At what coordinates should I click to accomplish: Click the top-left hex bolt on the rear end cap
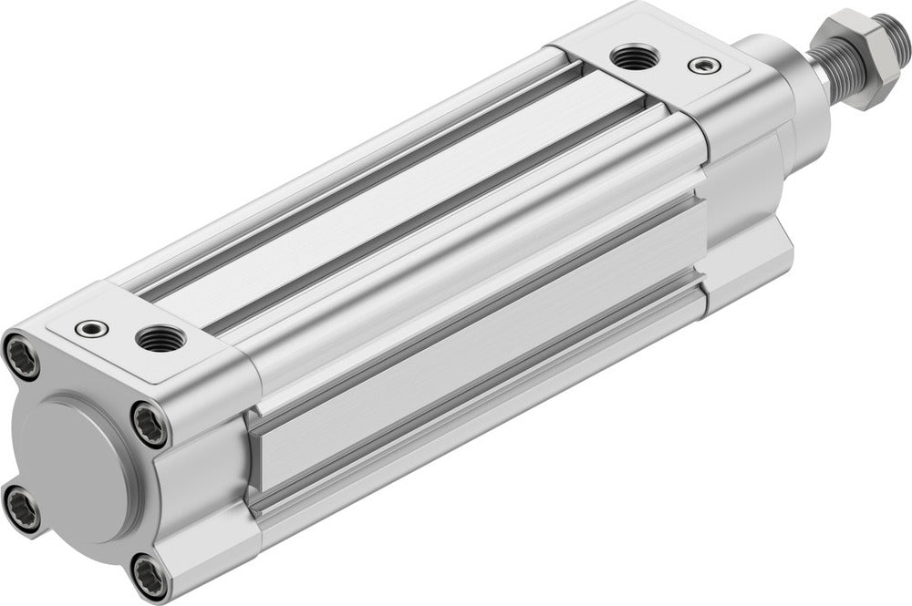(x=22, y=355)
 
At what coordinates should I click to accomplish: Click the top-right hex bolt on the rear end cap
(x=150, y=424)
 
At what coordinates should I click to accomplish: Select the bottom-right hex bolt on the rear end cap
(x=149, y=576)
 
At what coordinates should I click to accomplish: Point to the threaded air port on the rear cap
(x=161, y=338)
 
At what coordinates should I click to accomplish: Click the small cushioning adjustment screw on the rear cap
(x=91, y=327)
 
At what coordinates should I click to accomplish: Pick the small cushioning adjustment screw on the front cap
(x=702, y=65)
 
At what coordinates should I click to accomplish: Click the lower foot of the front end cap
(x=743, y=273)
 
